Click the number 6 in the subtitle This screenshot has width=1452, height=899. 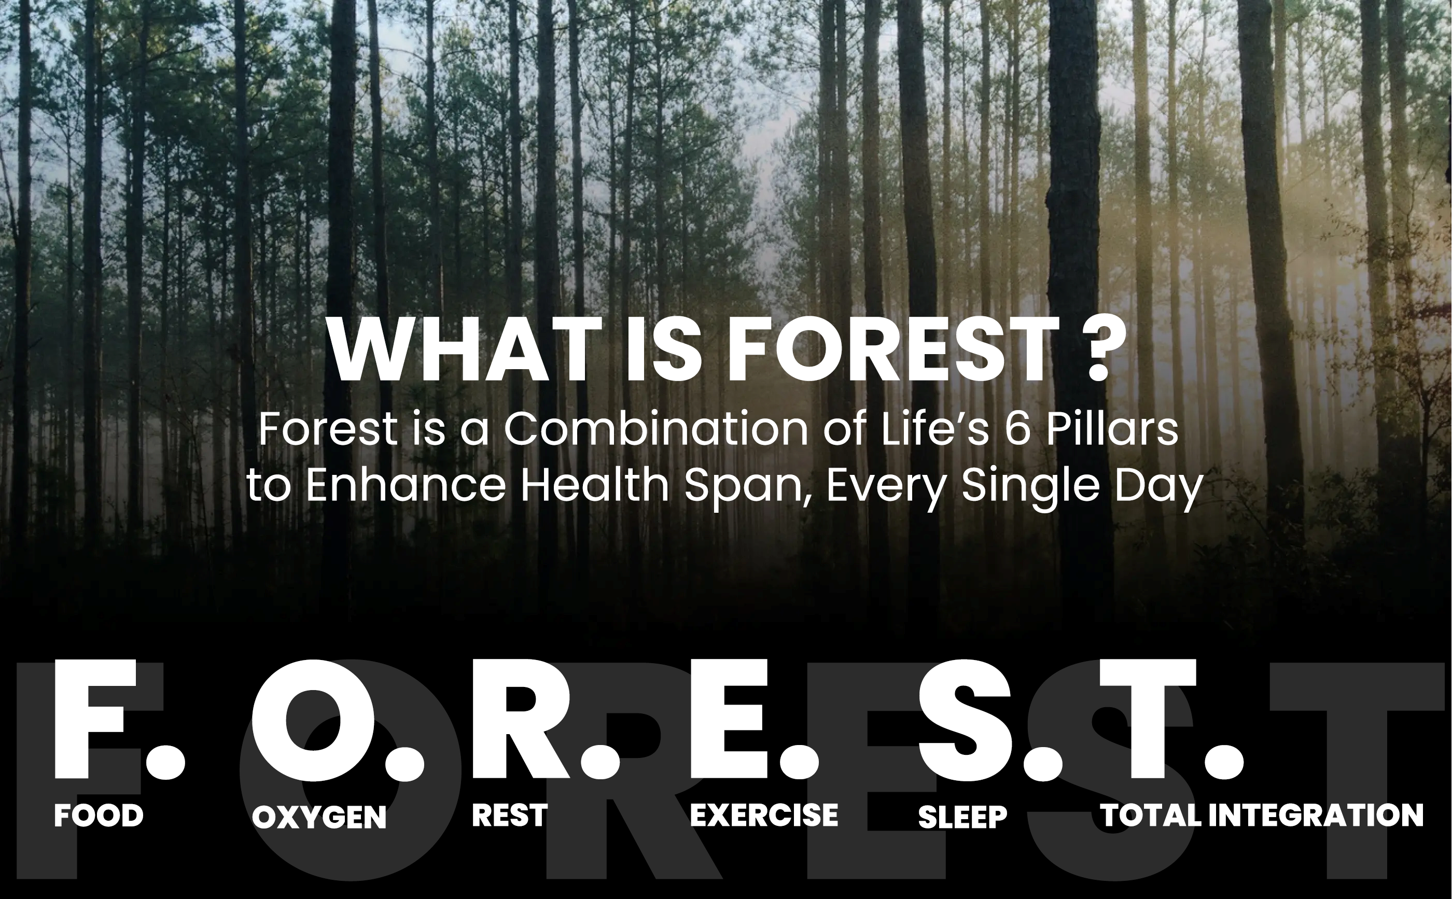[x=1018, y=429]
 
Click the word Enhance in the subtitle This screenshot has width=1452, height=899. [x=406, y=485]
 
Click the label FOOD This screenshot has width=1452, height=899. [x=99, y=815]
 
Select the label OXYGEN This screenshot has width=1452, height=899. [x=319, y=817]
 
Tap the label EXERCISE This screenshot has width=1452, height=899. [x=764, y=814]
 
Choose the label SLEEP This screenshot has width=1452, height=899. [x=962, y=817]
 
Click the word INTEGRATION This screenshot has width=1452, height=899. [x=1316, y=814]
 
